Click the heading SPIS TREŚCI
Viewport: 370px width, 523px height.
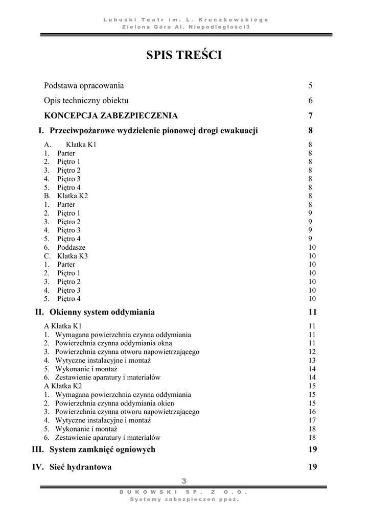tap(184, 55)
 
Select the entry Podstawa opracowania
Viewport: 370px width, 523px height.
tap(84, 85)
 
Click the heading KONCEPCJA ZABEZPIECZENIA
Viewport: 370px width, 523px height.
tap(111, 115)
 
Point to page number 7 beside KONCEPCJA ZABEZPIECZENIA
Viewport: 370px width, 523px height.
tap(311, 115)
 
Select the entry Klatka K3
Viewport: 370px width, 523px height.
tap(73, 256)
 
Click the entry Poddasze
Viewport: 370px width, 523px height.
tap(71, 247)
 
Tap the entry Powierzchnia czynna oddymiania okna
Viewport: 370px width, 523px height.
tap(113, 343)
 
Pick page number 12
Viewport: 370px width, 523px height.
tap(312, 352)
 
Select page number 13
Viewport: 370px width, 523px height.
tap(312, 360)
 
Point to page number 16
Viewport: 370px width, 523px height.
tap(312, 412)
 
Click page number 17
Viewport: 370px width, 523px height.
tap(312, 420)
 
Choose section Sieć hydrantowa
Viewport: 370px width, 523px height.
tap(81, 467)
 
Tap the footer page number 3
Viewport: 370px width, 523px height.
tap(184, 481)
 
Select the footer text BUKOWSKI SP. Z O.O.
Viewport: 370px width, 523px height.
tap(183, 492)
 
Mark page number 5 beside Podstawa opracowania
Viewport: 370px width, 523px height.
tap(311, 85)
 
